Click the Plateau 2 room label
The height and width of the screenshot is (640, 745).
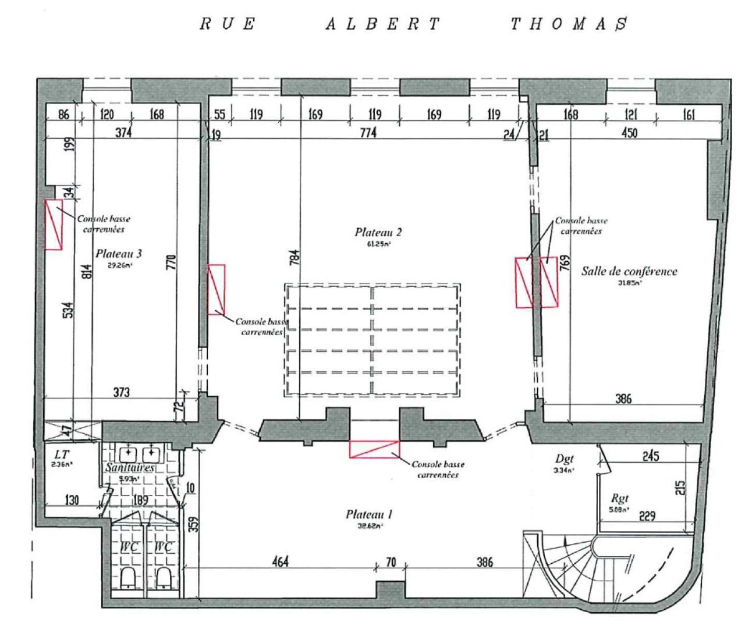378,232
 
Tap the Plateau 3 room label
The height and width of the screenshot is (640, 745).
119,254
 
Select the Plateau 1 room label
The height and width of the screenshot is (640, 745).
369,514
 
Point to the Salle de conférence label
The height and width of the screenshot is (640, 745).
629,271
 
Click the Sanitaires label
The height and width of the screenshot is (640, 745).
130,468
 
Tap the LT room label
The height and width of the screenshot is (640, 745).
61,454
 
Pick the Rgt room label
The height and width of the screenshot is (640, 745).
620,499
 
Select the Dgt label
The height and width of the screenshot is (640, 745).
565,459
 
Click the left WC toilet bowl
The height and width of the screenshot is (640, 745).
129,577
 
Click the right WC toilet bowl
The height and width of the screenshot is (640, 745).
164,577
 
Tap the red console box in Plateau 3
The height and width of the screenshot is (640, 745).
54,225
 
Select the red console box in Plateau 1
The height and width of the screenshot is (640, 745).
374,449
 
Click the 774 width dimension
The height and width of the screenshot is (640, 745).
368,133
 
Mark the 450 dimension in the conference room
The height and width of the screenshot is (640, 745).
629,133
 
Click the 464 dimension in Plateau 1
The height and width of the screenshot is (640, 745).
280,562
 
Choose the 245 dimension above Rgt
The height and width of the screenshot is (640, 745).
650,456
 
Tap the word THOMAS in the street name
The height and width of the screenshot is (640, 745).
569,24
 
